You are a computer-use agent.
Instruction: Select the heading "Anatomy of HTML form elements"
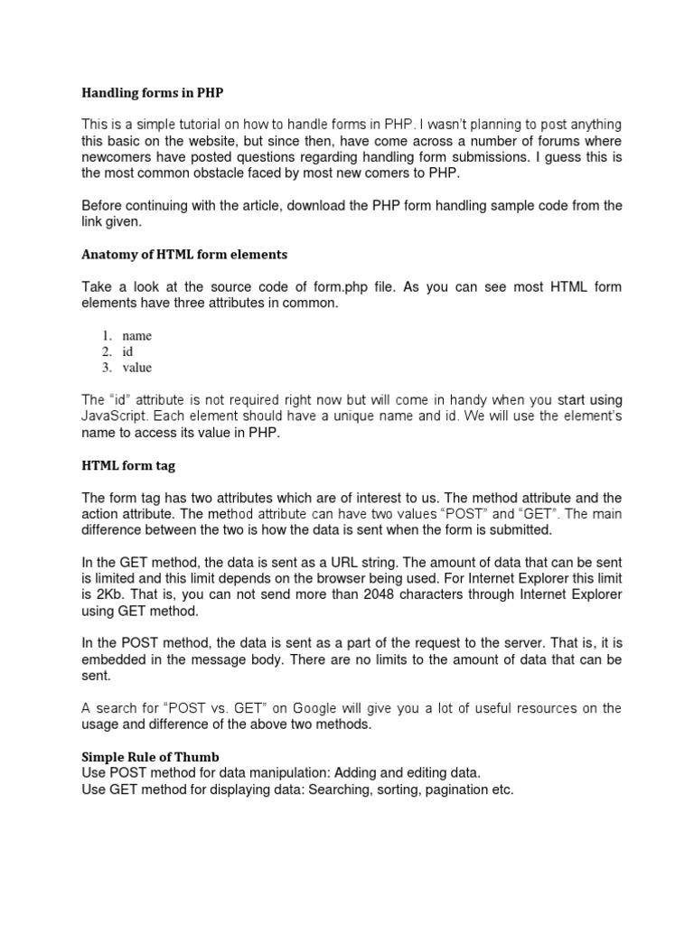[x=184, y=254]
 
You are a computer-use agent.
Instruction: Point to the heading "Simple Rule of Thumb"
[x=151, y=756]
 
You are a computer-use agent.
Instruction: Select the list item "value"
[x=137, y=368]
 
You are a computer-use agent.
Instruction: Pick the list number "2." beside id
[x=106, y=351]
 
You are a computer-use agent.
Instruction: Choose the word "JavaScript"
[x=114, y=416]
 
